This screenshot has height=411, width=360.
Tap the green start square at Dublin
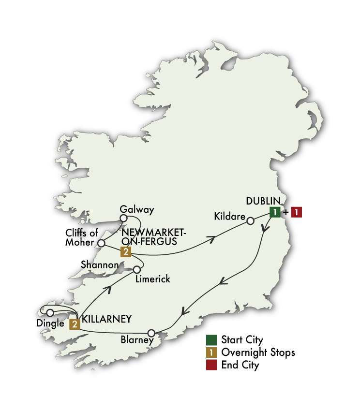(274, 212)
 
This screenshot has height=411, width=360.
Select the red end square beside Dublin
(296, 212)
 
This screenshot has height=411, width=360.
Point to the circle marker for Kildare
(250, 221)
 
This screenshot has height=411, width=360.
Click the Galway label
(137, 209)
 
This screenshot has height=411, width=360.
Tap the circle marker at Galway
(123, 218)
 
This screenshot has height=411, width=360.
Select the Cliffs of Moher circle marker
(101, 243)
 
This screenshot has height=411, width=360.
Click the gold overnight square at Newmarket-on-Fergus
(126, 251)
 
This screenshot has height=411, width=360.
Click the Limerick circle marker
(137, 269)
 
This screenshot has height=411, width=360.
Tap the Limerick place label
(153, 279)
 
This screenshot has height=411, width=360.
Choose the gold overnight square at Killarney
(75, 324)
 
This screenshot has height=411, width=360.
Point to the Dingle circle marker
(50, 312)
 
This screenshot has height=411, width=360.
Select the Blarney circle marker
(151, 333)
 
